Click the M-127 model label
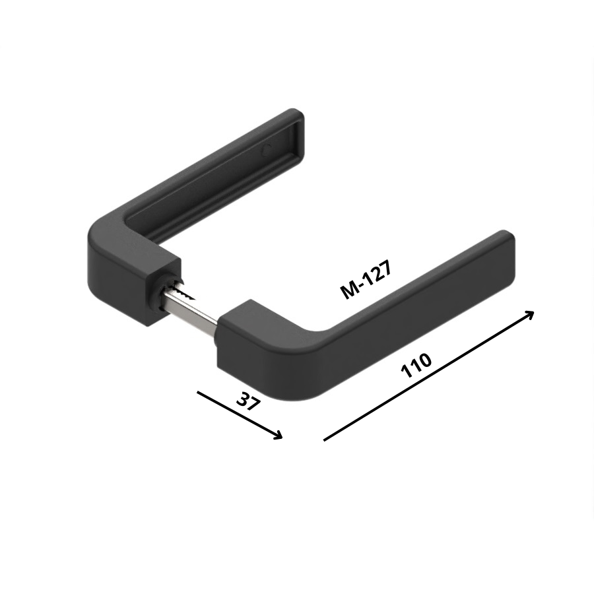coord(366,280)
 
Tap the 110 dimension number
coord(416,366)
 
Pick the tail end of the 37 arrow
coord(198,392)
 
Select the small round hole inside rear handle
coord(267,150)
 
